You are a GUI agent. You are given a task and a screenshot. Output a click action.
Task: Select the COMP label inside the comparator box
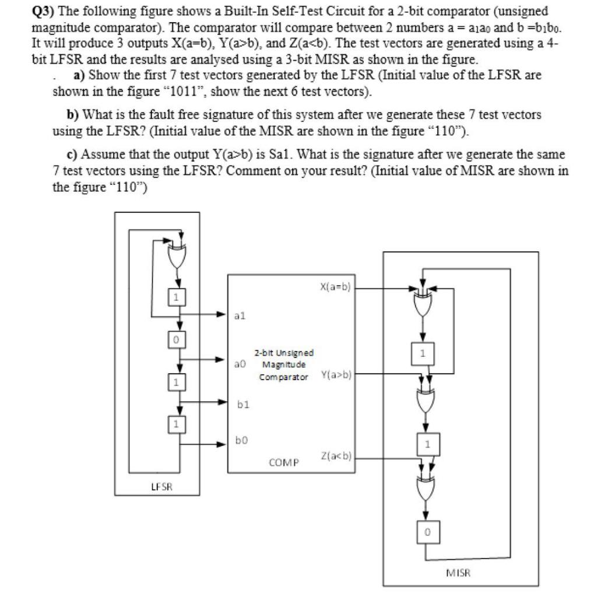(x=284, y=462)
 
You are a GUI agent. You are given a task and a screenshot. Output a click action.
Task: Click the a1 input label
(x=240, y=315)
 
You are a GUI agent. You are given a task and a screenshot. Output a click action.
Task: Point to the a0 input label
(x=240, y=363)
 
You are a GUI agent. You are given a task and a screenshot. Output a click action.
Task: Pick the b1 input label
(x=240, y=402)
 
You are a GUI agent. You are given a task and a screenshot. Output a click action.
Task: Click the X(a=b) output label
(x=335, y=287)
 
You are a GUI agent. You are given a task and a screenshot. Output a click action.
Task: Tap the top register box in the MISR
(x=424, y=353)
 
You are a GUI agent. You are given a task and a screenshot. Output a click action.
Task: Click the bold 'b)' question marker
(x=73, y=114)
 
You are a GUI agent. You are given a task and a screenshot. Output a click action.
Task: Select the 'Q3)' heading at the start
(x=43, y=11)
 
